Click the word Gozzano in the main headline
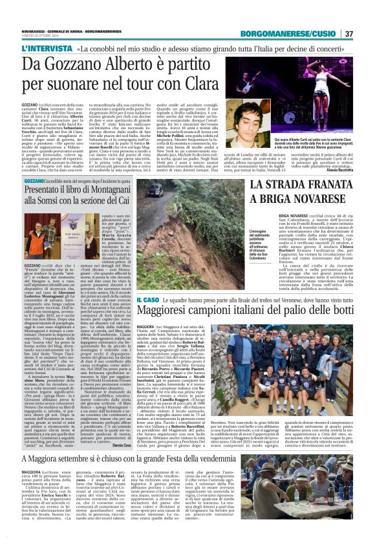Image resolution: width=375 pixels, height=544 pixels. click(x=79, y=63)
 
